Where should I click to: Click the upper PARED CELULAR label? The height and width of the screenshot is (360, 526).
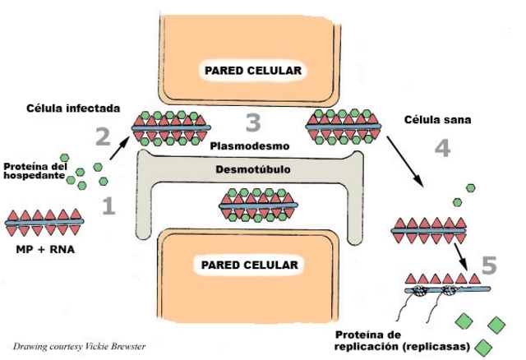(253, 71)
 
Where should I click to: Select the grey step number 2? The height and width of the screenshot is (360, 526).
(102, 136)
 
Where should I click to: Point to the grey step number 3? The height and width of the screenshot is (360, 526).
(253, 124)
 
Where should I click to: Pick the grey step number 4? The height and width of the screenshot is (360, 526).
(441, 149)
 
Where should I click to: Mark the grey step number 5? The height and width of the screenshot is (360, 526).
(488, 265)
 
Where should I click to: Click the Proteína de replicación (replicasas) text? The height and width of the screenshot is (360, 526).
(402, 340)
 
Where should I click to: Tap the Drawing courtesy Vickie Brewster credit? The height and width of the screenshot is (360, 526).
(85, 347)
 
